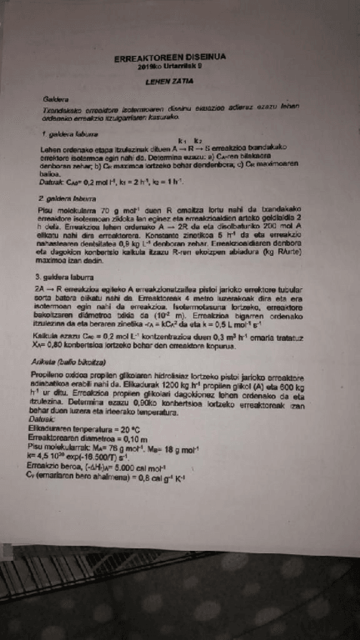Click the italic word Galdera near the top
[x=57, y=99]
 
